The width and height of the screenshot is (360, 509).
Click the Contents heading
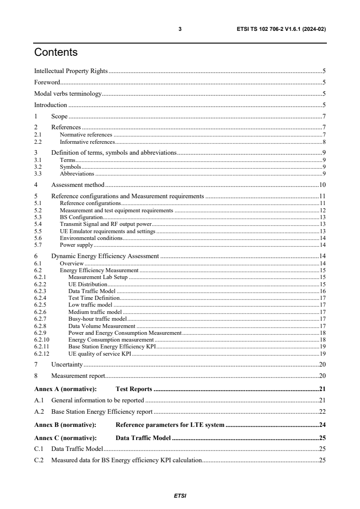pos(56,53)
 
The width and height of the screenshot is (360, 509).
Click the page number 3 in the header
pos(180,29)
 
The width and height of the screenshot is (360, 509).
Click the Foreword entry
pos(47,83)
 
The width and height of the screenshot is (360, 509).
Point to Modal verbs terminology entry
pos(68,94)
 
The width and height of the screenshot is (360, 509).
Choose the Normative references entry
pos(86,135)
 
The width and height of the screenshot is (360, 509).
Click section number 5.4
pos(38,224)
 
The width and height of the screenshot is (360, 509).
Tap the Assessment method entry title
pos(78,185)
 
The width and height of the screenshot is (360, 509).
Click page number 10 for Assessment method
pos(322,185)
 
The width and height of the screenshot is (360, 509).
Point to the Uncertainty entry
pos(67,364)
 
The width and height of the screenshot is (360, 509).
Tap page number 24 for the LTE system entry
pos(322,425)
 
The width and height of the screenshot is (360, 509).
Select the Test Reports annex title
pos(133,389)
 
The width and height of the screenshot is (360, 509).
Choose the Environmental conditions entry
pos(91,238)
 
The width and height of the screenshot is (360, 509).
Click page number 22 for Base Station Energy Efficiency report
pos(322,412)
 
